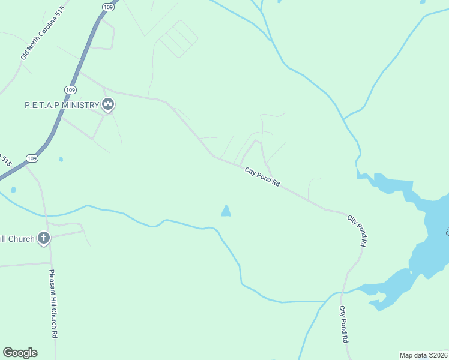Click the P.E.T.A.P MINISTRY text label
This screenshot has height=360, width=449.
[61, 105]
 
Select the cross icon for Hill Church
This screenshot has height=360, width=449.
[43, 238]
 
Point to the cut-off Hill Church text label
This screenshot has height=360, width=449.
[17, 239]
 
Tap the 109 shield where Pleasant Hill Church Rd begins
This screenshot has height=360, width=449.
[32, 158]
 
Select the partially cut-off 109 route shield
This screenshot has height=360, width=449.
[107, 6]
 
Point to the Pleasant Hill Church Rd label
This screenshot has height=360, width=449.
[53, 305]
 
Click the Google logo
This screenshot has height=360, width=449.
[20, 353]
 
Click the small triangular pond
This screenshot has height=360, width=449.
[226, 211]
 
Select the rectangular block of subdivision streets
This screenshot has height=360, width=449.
[178, 39]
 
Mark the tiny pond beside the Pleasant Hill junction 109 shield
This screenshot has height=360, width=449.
[61, 160]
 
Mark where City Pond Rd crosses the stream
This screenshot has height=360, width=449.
[342, 293]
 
